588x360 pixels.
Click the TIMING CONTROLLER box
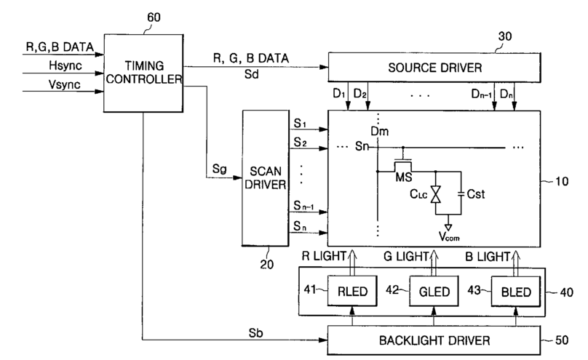[143, 73]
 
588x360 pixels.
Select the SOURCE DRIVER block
[434, 68]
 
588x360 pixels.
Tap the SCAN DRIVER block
[266, 178]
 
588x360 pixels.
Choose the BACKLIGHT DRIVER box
[434, 340]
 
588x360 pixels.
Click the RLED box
[352, 291]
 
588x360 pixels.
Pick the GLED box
[434, 291]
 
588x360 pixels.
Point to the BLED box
[516, 292]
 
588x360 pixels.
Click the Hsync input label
[65, 66]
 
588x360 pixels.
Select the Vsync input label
[64, 84]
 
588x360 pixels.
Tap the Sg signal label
[219, 169]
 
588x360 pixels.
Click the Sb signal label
[255, 332]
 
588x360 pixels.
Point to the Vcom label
[449, 236]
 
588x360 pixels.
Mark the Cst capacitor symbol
[461, 193]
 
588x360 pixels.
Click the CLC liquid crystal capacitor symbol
[435, 194]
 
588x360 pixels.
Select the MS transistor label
[403, 177]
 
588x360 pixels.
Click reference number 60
[154, 17]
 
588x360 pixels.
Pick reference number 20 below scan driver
[266, 265]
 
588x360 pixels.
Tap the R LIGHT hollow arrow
[352, 263]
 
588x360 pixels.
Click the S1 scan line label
[300, 123]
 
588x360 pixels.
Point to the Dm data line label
[379, 131]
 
